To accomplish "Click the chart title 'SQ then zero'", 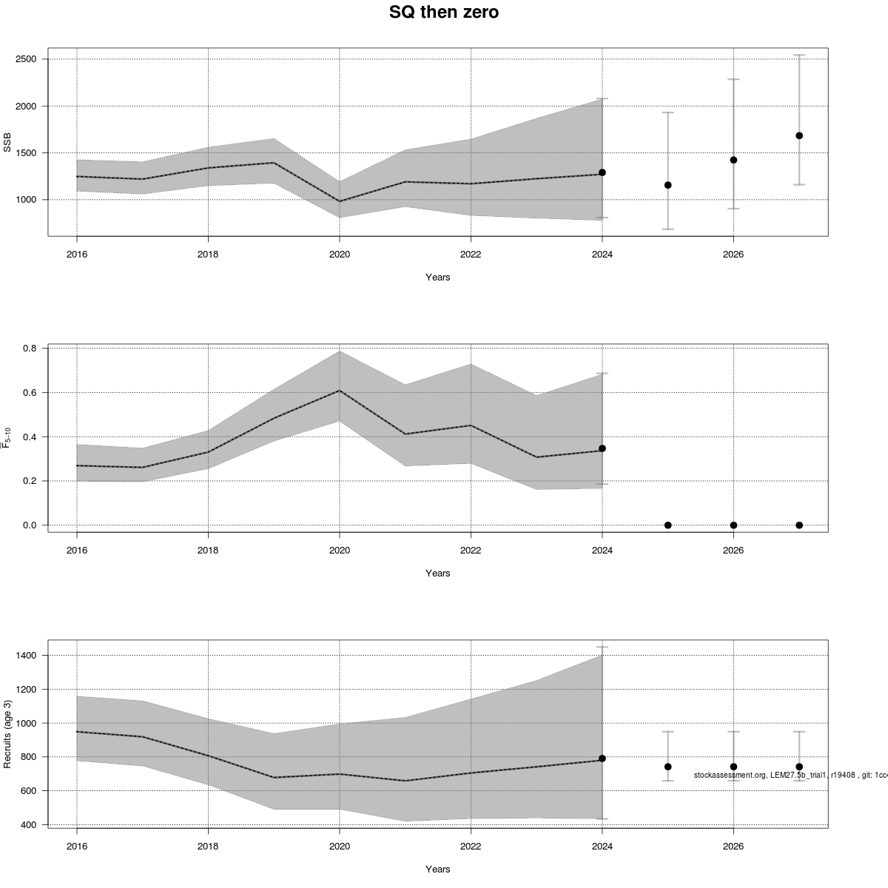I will [443, 13].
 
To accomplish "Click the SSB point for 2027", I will [799, 135].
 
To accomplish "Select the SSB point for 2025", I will [667, 185].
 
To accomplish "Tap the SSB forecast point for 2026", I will [733, 160].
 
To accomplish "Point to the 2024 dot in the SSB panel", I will [602, 172].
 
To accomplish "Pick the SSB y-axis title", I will [8, 142].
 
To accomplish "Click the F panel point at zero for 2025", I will [667, 525].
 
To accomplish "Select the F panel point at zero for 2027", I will [799, 525].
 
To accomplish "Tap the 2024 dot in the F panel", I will [602, 448].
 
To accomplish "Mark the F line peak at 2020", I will [340, 391].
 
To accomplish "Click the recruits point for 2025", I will [667, 767].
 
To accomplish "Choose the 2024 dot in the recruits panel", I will [602, 758].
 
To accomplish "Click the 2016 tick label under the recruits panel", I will [77, 846].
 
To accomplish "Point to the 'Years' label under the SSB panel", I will [437, 277].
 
